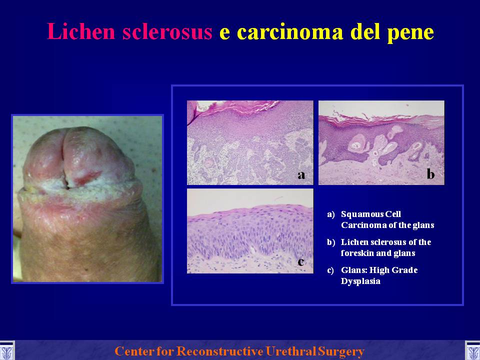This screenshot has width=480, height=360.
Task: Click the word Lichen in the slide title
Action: click(x=81, y=31)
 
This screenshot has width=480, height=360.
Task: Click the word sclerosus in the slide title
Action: click(x=167, y=31)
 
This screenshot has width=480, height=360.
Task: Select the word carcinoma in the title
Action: click(x=290, y=32)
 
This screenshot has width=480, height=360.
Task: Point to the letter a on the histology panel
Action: click(x=301, y=175)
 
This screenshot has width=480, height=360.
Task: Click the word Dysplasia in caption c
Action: click(x=360, y=281)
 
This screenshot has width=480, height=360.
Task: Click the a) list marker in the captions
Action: click(x=331, y=214)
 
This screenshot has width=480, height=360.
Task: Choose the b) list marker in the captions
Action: click(x=331, y=242)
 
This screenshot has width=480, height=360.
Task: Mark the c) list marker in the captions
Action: click(x=330, y=270)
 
